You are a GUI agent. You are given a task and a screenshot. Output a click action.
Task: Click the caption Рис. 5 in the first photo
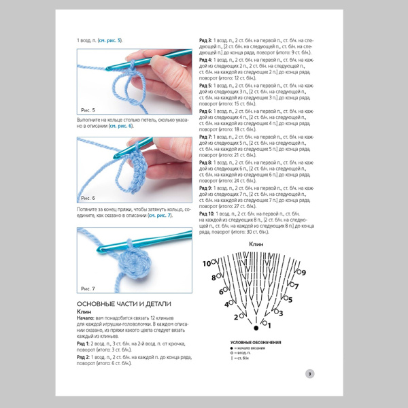click(x=88, y=109)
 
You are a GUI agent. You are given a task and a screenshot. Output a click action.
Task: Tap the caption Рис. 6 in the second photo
click(x=88, y=198)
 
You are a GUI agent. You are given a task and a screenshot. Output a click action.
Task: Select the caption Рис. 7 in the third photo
click(x=88, y=288)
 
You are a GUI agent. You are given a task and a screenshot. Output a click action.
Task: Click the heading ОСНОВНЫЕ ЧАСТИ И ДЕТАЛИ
click(x=124, y=303)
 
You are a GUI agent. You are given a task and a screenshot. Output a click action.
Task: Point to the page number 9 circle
click(x=309, y=373)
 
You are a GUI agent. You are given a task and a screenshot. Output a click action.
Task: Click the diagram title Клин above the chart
click(x=256, y=243)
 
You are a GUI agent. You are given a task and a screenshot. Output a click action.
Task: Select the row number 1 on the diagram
click(x=269, y=324)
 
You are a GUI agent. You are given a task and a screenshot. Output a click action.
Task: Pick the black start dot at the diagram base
click(x=256, y=328)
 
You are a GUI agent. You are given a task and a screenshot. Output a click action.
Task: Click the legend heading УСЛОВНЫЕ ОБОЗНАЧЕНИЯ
click(x=256, y=341)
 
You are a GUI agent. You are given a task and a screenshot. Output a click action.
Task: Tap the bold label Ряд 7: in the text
click(x=205, y=137)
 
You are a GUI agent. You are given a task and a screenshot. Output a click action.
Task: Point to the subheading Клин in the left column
click(x=84, y=311)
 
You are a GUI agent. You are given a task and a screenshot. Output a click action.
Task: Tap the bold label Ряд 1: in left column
click(x=84, y=343)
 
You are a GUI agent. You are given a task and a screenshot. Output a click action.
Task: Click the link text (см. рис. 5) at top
click(x=109, y=41)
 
